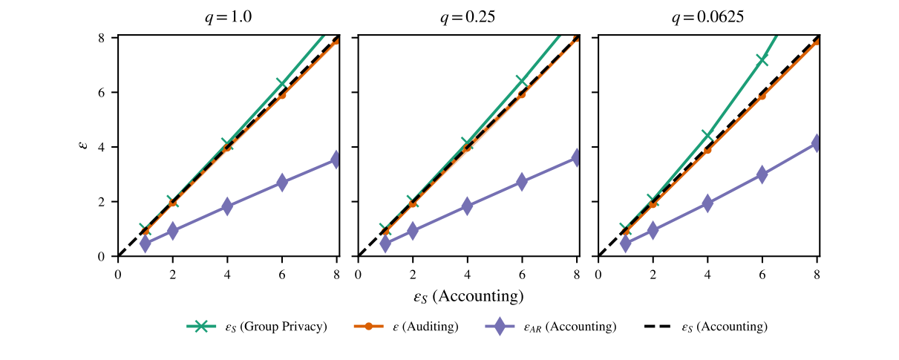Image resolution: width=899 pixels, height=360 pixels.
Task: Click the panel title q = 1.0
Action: pos(228,19)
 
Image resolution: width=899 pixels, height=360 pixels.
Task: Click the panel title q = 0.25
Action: pos(468,19)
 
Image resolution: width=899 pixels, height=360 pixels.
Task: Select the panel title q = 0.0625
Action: pos(707,19)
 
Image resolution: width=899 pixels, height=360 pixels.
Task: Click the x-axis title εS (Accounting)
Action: pos(468,296)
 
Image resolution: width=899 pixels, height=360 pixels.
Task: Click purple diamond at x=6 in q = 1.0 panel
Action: pos(282,182)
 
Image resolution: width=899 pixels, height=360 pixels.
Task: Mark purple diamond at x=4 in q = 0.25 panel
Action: pos(467,206)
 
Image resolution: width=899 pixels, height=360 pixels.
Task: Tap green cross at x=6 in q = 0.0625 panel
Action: pos(762,59)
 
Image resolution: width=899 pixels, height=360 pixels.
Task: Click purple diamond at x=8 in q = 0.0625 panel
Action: pos(817,143)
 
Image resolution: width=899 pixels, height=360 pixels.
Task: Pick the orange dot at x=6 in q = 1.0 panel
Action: pos(282,94)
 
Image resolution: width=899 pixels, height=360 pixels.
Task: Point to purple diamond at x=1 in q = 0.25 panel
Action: pos(385,243)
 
